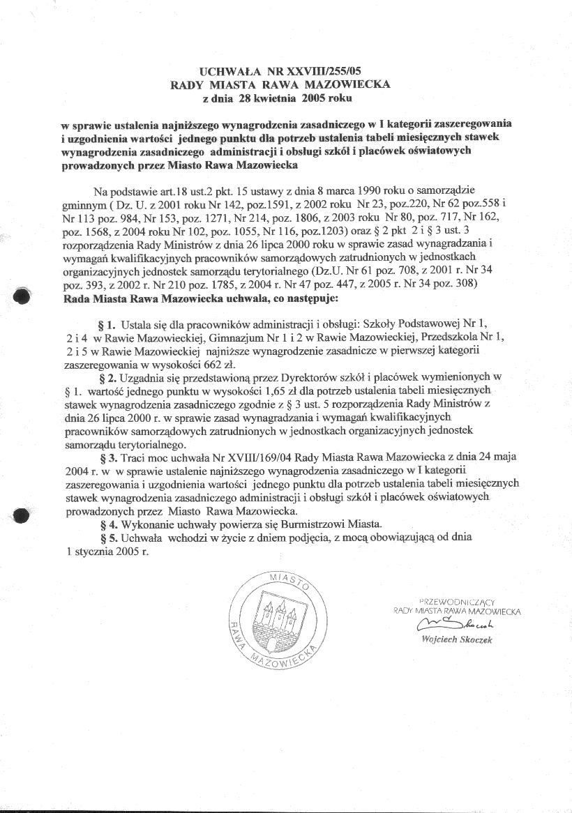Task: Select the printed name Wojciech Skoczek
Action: (x=457, y=639)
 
